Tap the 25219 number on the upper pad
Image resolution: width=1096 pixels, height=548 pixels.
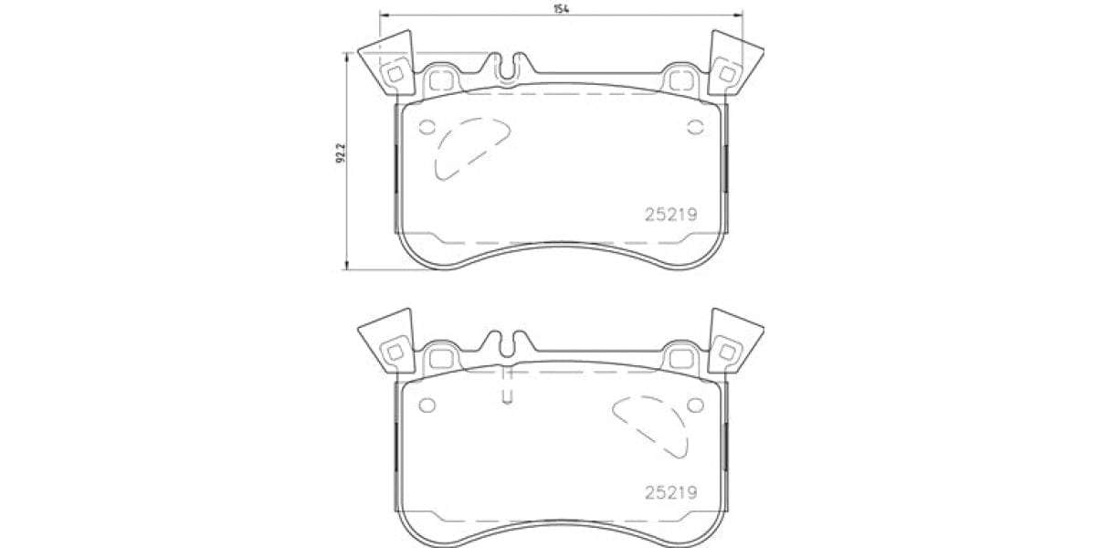671,216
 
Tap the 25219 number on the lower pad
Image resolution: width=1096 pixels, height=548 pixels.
671,493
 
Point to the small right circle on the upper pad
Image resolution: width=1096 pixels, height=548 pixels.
695,127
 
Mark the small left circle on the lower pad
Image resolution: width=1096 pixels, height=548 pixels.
427,405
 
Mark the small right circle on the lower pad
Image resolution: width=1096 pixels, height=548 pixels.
695,405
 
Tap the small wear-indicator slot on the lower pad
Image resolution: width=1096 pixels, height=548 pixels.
508,393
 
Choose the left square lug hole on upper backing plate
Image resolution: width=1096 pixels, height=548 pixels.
442,79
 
